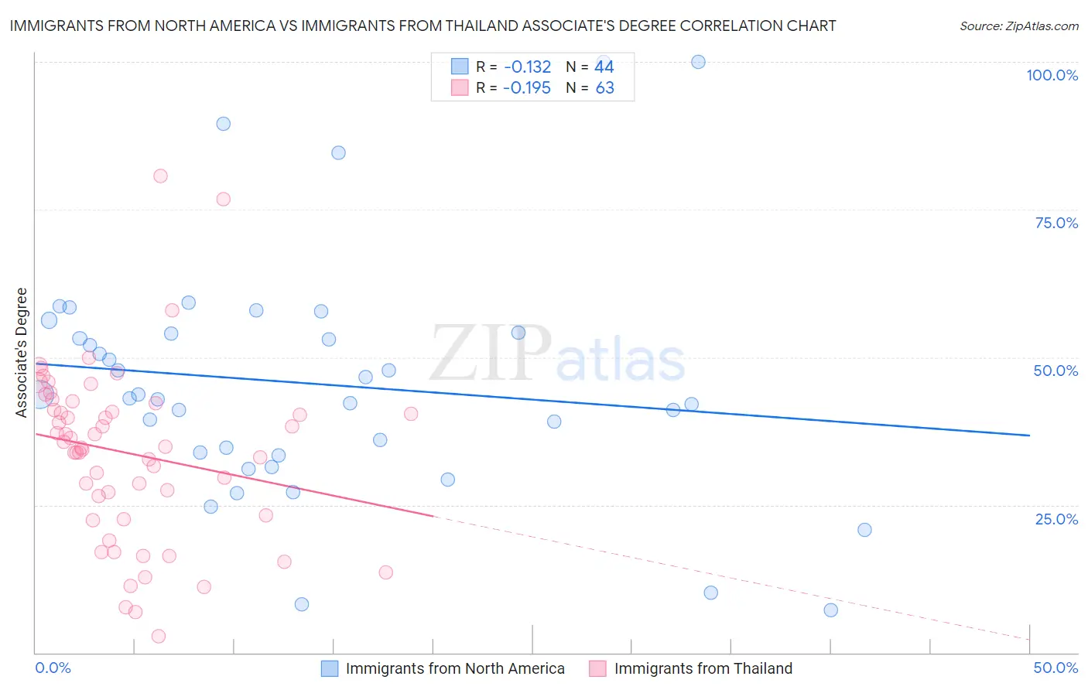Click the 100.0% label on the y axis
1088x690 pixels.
click(1052, 75)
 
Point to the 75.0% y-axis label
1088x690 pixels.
click(1056, 223)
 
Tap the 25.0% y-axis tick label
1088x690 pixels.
click(1056, 518)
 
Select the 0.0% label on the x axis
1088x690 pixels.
click(53, 668)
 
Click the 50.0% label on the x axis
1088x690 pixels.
click(1055, 668)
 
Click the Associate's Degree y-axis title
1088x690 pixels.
click(22, 352)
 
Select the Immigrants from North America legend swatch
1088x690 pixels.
click(330, 668)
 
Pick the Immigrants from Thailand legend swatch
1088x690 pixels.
click(597, 668)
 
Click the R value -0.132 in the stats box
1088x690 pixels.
click(526, 67)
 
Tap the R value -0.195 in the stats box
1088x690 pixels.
click(526, 87)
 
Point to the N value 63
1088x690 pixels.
click(604, 87)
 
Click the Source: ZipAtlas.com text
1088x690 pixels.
click(1018, 26)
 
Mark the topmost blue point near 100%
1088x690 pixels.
click(698, 62)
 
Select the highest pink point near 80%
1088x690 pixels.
click(160, 176)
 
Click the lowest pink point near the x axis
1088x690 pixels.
click(159, 636)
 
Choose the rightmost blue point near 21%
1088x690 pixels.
click(864, 530)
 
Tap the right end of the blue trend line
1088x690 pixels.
click(1029, 436)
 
